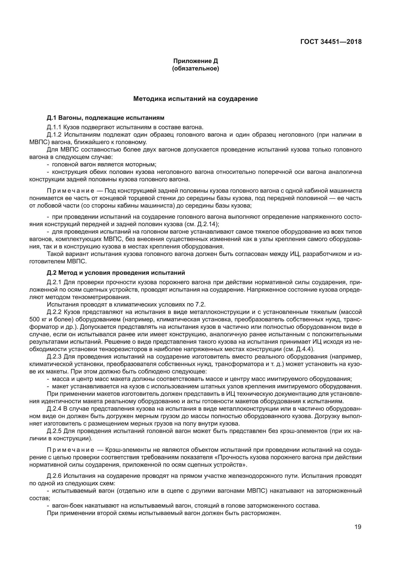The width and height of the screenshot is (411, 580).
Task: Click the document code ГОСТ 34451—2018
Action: tap(331, 42)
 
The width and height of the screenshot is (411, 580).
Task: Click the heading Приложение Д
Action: tap(195, 61)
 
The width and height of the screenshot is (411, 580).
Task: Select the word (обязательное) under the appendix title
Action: tap(195, 68)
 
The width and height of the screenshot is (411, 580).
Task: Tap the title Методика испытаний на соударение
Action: tap(195, 99)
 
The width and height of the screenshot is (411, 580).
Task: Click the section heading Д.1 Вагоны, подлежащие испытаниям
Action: tap(106, 118)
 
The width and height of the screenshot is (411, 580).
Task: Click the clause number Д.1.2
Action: tap(54, 135)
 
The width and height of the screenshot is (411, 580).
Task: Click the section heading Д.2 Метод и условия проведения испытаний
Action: tap(116, 273)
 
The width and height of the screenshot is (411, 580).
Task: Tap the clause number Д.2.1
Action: tap(54, 282)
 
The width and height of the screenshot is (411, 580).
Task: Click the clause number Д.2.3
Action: tap(54, 357)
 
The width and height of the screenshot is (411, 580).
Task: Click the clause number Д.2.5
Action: tap(54, 431)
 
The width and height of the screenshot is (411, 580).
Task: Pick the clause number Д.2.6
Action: tap(54, 476)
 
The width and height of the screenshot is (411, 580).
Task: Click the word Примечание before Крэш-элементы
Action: tap(71, 450)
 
